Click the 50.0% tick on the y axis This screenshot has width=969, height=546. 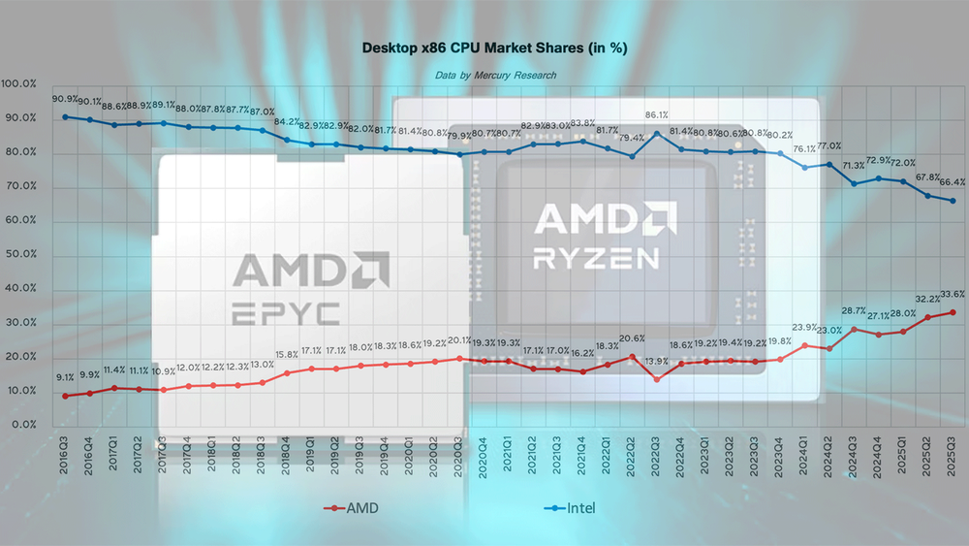click(x=21, y=254)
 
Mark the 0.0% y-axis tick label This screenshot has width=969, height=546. click(x=21, y=425)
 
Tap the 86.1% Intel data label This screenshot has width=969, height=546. click(x=658, y=114)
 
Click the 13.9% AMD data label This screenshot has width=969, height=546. click(x=656, y=361)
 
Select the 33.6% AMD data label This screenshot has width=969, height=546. click(x=953, y=294)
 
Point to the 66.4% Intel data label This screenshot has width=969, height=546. click(x=953, y=181)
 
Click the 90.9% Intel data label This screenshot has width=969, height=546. click(x=65, y=99)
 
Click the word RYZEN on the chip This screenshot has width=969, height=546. click(x=597, y=257)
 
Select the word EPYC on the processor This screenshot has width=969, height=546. click(x=287, y=313)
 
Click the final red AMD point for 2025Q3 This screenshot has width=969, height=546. click(x=953, y=312)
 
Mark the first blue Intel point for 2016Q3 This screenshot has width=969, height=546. click(x=65, y=116)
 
